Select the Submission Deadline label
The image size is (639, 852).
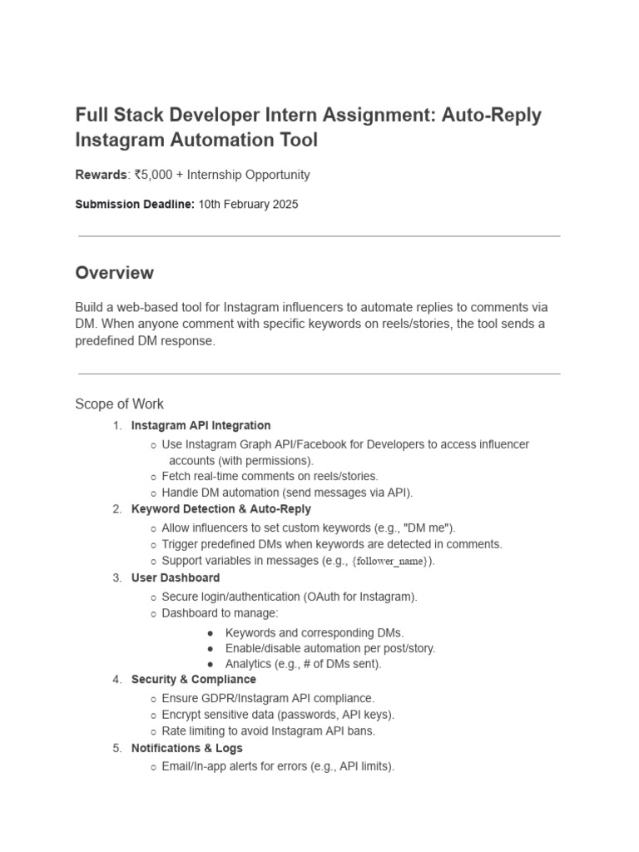coord(135,204)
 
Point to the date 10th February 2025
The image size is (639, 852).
coord(248,204)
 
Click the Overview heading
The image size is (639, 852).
coord(114,273)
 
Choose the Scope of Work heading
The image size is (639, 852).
coord(119,404)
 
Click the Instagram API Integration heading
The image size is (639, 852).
coord(201,425)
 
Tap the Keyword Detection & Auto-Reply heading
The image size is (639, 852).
coord(220,508)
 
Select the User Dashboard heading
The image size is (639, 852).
coord(176,577)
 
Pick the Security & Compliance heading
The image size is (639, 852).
coord(194,679)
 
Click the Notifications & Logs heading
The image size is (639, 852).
coord(187,748)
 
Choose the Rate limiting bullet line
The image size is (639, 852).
coord(269,731)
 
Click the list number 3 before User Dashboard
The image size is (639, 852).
coord(116,577)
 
